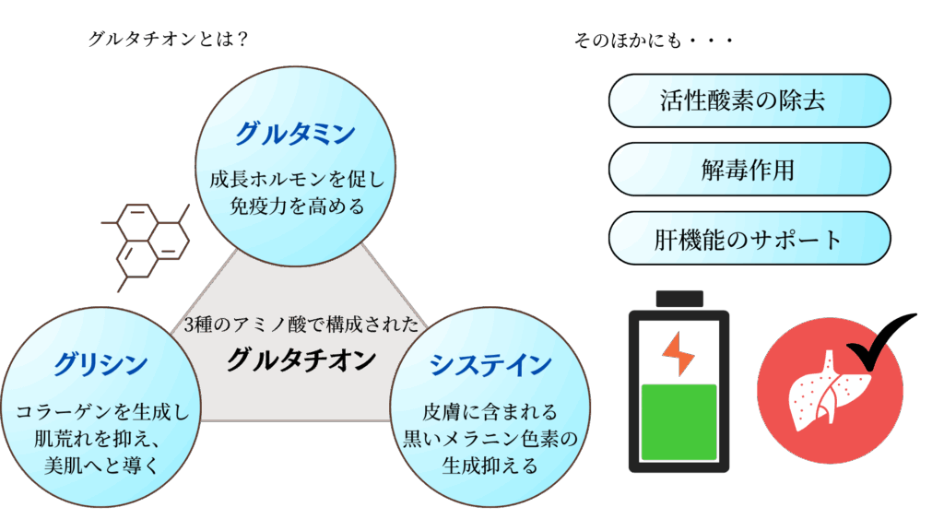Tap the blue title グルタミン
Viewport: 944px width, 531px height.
coord(295,135)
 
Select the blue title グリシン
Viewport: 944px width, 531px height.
coord(100,364)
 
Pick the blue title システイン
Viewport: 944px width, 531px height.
coord(490,365)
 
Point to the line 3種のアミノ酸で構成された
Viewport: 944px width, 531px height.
coord(301,325)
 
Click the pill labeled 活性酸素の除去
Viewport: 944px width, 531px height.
coord(749,100)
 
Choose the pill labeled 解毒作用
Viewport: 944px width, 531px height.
coord(749,170)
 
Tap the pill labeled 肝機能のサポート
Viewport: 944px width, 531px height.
coord(749,239)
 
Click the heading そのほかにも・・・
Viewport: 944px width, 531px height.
coord(653,41)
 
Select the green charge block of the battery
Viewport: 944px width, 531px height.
coord(679,421)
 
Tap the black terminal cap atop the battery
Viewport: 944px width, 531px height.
coord(679,298)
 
